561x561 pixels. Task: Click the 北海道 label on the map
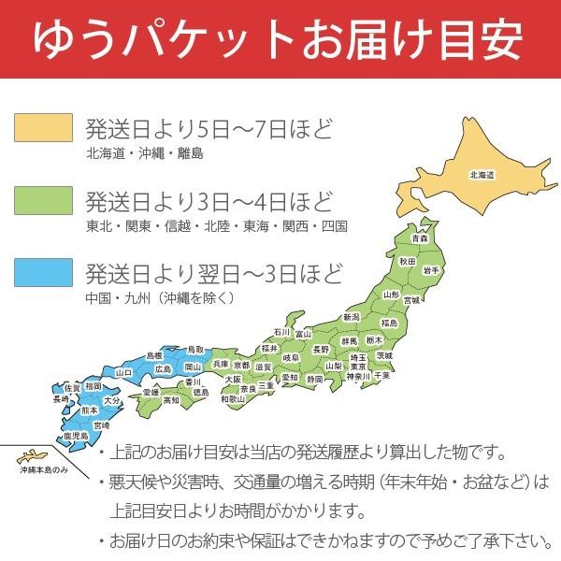click(x=482, y=175)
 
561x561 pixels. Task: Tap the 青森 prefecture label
click(x=420, y=239)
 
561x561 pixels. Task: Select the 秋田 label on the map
click(x=409, y=262)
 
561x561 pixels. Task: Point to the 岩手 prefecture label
click(x=431, y=270)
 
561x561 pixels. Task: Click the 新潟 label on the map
click(x=351, y=318)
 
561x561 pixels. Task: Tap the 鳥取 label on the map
click(x=194, y=349)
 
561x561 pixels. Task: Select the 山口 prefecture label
click(x=122, y=371)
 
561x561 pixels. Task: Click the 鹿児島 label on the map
click(x=76, y=436)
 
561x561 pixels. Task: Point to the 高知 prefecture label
click(x=170, y=400)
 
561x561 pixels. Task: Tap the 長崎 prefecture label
click(x=61, y=399)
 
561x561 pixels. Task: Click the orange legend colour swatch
click(x=43, y=128)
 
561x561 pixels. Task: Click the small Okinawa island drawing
click(x=30, y=455)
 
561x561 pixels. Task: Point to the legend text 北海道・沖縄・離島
click(x=143, y=153)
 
